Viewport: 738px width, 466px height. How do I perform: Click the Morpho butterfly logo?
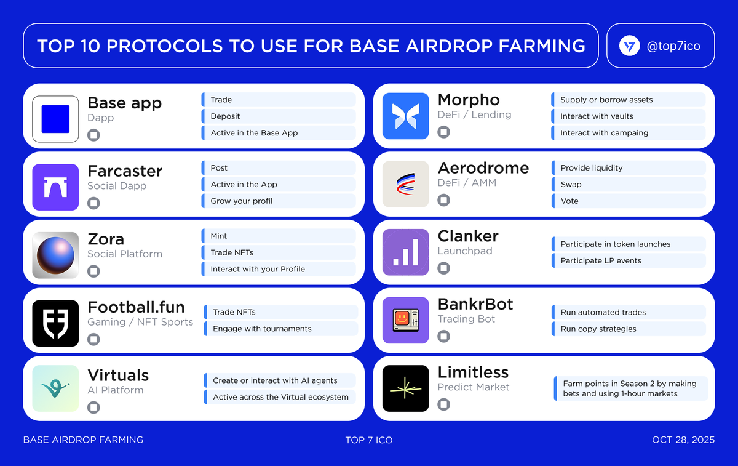click(x=405, y=116)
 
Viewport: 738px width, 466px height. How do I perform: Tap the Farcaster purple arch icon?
click(x=55, y=187)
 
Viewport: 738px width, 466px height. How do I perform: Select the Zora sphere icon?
click(x=55, y=255)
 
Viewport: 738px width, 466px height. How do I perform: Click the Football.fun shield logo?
click(x=55, y=323)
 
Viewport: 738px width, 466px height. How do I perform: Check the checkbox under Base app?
click(x=93, y=135)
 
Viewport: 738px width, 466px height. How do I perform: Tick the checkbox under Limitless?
click(x=443, y=404)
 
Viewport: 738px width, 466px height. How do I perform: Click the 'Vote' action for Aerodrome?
click(x=569, y=201)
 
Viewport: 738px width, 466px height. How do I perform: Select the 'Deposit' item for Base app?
click(x=225, y=116)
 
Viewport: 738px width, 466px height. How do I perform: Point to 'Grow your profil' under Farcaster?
click(x=241, y=201)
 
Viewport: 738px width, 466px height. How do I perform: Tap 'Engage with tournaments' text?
click(x=262, y=329)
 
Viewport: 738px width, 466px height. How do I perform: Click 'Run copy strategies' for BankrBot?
click(x=598, y=329)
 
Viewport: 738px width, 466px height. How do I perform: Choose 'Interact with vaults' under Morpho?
click(x=597, y=116)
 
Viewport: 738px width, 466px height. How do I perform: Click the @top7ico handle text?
click(x=673, y=46)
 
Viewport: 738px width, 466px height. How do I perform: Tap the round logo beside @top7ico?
click(x=629, y=46)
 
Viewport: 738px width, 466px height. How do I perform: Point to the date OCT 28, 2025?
click(x=683, y=440)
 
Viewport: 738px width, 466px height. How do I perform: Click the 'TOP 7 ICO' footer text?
click(x=369, y=440)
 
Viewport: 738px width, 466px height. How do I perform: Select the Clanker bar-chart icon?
click(x=405, y=252)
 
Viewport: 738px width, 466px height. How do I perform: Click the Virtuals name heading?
click(x=118, y=376)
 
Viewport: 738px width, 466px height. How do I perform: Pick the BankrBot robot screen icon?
click(x=405, y=320)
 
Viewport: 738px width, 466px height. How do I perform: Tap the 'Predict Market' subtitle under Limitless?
click(x=474, y=387)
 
